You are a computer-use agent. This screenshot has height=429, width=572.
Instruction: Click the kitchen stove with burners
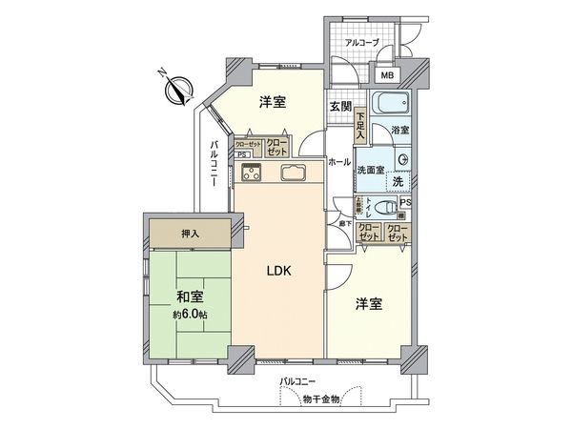pos(252,173)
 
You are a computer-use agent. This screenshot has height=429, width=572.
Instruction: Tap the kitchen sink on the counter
pos(291,174)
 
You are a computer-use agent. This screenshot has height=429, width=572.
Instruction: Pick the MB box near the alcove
pos(386,74)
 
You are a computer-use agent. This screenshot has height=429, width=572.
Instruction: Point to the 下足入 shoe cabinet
pos(360,127)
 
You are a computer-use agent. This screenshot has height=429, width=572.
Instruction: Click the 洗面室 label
pos(370,169)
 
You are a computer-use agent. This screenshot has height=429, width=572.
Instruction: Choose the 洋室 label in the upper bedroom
pos(271,102)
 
